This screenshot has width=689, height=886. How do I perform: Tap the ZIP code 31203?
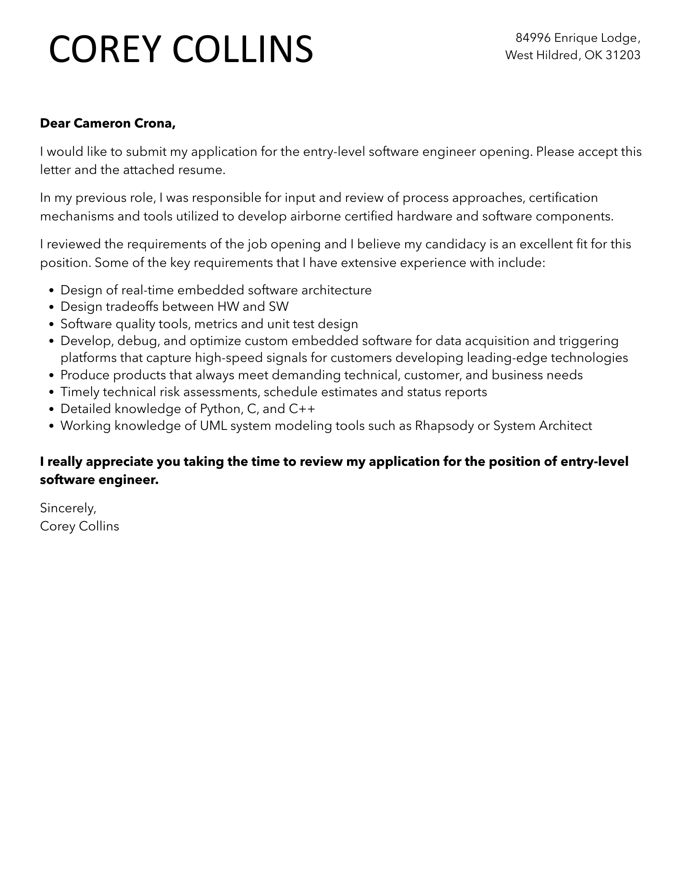[623, 55]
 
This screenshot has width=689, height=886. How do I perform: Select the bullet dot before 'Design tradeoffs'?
[52, 307]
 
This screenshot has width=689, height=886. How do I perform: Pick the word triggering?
[589, 341]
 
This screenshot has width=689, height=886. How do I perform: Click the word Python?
[220, 409]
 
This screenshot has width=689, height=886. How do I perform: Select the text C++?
[302, 409]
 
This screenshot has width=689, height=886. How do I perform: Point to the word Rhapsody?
[444, 426]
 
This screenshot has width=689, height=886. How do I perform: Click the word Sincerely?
[68, 508]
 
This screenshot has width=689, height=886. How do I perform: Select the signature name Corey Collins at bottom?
[79, 526]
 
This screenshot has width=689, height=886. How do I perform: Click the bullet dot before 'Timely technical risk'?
[52, 392]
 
